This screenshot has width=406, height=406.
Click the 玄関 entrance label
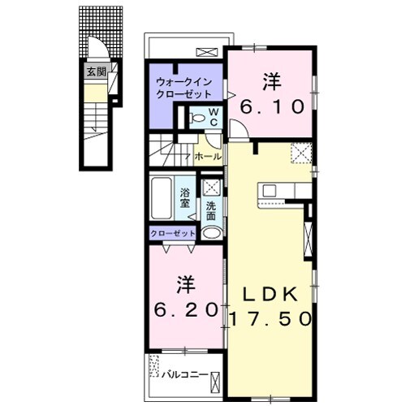[96, 71]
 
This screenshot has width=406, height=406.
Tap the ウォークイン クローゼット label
[184, 88]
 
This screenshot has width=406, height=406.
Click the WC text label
[214, 117]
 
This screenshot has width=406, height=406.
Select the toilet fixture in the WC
[196, 118]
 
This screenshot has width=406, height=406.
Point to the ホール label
[208, 157]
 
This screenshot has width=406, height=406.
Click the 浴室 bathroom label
[185, 198]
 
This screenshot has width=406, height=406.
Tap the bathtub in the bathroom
[162, 198]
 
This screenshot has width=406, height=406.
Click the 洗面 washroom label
[211, 211]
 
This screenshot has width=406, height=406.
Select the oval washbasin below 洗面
[212, 233]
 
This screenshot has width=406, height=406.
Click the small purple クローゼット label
[173, 233]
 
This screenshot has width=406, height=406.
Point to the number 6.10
[272, 107]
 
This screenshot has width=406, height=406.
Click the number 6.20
[186, 310]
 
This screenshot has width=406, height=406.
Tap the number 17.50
[270, 318]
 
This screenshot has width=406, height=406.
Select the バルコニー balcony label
[185, 374]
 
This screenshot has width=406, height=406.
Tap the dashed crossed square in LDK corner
[301, 153]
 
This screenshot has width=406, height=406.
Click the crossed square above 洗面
[212, 187]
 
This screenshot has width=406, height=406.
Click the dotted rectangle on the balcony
[154, 365]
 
